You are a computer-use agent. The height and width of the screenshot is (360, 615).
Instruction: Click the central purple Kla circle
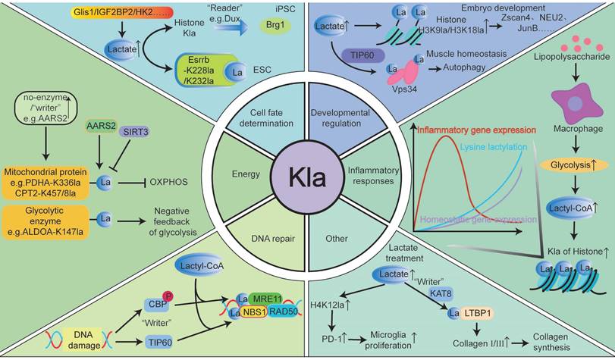click(x=308, y=179)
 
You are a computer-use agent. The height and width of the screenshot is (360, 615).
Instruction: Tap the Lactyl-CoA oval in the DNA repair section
click(x=196, y=266)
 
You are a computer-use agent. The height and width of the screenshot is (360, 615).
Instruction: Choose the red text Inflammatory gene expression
click(x=476, y=129)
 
